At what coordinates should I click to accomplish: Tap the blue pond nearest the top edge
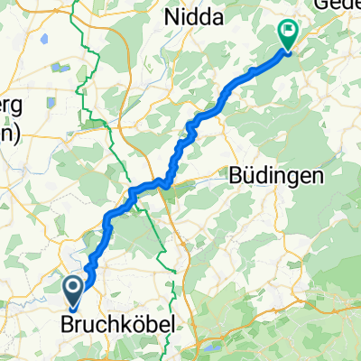[x=59, y=67]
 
